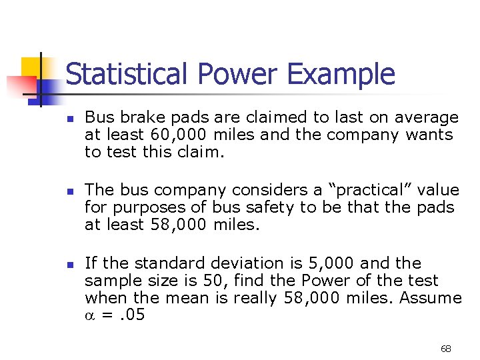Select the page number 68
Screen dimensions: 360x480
tap(446, 349)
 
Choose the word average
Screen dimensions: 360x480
tap(427, 118)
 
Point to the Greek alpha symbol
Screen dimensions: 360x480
tap(90, 315)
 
